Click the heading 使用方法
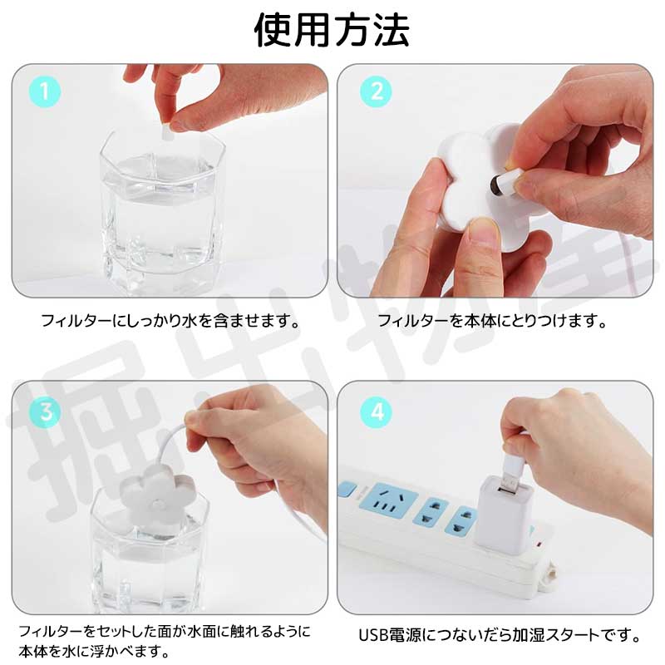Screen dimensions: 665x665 click(x=332, y=30)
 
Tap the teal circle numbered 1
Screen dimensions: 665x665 click(x=45, y=91)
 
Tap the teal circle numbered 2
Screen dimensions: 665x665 click(x=376, y=91)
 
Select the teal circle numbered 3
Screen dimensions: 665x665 click(x=45, y=411)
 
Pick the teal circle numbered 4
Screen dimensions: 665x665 click(x=376, y=411)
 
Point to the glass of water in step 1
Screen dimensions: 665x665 click(x=162, y=212)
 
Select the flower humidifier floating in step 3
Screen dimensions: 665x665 click(x=158, y=497)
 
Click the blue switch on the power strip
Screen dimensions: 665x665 click(x=347, y=489)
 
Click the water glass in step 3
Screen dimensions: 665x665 click(x=150, y=551)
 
